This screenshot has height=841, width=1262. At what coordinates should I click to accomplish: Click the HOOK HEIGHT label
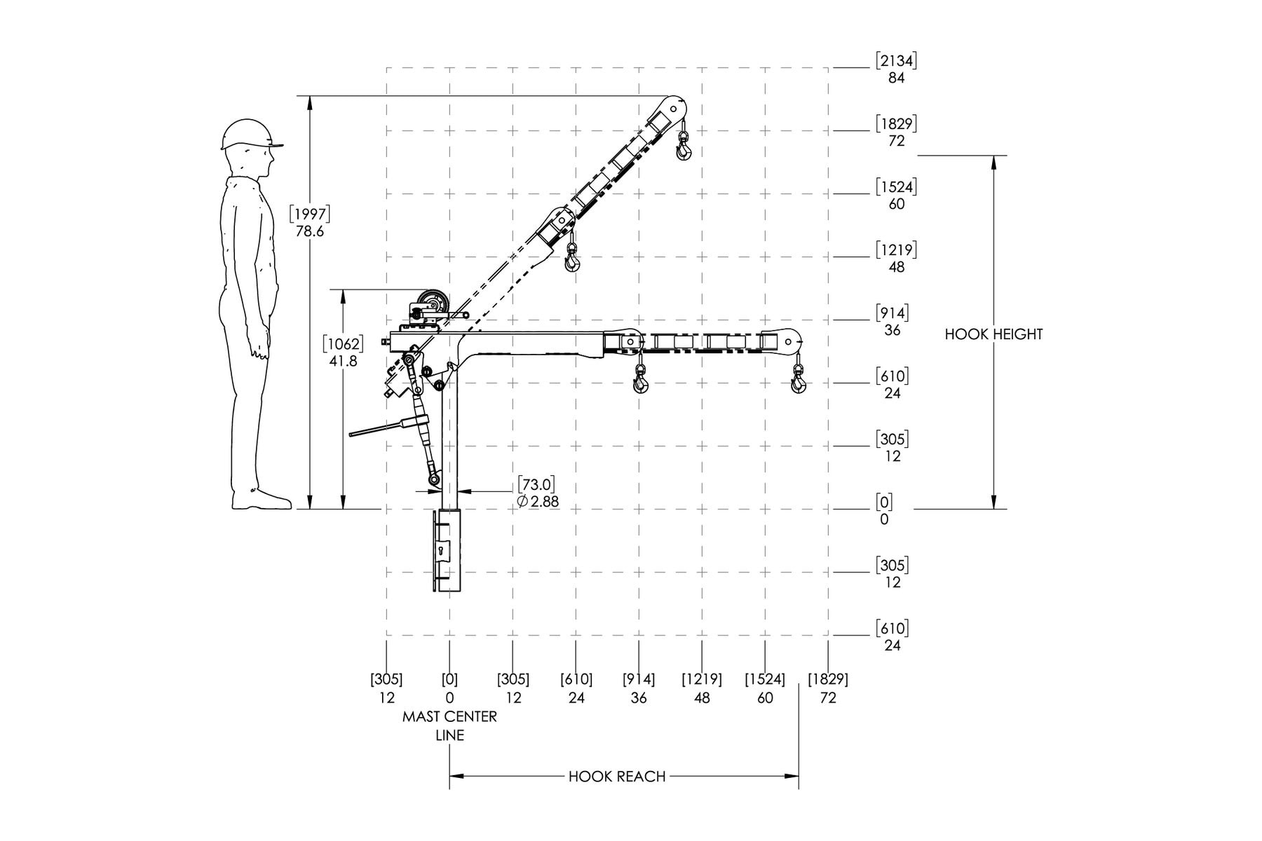(x=993, y=334)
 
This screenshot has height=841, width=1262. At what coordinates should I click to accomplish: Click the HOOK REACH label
(x=617, y=776)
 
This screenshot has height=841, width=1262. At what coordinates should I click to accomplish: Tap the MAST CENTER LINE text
(x=449, y=726)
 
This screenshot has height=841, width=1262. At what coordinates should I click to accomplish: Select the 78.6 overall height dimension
(x=309, y=231)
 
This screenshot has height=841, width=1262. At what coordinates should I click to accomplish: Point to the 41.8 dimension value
(x=343, y=362)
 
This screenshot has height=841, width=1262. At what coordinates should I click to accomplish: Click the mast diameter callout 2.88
(x=538, y=502)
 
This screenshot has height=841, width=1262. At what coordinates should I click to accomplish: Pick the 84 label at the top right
(x=896, y=78)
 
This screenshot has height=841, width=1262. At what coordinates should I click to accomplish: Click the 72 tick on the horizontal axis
(x=828, y=698)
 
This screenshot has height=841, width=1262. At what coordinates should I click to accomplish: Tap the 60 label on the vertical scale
(x=896, y=204)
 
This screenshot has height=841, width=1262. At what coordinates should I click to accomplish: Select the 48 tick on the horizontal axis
(x=702, y=698)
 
